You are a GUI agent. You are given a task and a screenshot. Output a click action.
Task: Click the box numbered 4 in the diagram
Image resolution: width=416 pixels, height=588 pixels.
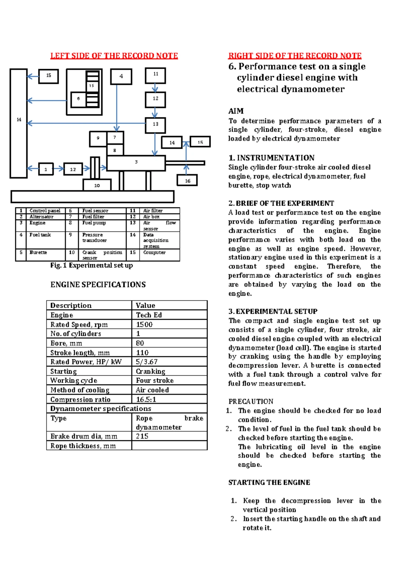[x=121, y=77]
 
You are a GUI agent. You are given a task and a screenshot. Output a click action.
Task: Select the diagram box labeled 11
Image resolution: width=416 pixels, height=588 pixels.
[x=155, y=75]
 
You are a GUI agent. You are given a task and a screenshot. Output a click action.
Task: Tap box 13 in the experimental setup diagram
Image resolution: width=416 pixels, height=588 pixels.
[x=155, y=125]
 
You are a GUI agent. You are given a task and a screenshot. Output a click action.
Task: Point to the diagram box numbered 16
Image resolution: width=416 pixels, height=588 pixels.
[x=187, y=180]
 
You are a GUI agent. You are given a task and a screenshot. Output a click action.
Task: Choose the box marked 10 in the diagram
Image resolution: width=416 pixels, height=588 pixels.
[x=97, y=185]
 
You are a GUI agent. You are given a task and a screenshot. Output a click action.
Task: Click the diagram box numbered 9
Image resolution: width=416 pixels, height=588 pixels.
[x=98, y=139]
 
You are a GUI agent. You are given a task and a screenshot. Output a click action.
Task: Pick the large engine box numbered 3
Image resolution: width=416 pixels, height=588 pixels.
[x=136, y=163]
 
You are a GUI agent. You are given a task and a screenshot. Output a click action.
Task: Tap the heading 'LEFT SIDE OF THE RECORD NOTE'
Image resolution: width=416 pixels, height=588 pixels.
[x=114, y=56]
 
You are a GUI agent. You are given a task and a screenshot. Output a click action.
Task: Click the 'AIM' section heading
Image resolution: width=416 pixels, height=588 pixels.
[x=236, y=111]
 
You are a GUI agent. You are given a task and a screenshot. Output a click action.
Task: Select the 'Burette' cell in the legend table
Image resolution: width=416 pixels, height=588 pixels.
[x=38, y=252]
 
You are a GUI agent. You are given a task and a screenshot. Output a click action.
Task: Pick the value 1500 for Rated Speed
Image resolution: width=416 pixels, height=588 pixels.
[x=144, y=325]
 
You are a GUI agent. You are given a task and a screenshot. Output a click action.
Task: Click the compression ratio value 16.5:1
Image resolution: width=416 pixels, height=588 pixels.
[x=146, y=399]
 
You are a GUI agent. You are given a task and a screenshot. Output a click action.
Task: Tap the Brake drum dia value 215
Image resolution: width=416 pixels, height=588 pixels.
[x=142, y=436]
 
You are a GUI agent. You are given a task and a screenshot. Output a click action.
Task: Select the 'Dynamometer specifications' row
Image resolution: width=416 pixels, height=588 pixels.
[x=101, y=409]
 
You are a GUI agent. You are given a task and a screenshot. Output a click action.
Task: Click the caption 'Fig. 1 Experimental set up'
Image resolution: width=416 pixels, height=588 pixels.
[x=92, y=266]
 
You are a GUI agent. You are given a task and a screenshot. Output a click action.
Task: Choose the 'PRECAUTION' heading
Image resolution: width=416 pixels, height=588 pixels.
[x=251, y=401]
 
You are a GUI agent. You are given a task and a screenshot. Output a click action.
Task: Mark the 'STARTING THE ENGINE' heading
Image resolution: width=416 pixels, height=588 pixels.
[x=269, y=483]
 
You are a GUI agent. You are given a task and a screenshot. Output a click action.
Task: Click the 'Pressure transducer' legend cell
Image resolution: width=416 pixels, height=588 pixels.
[x=94, y=237]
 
